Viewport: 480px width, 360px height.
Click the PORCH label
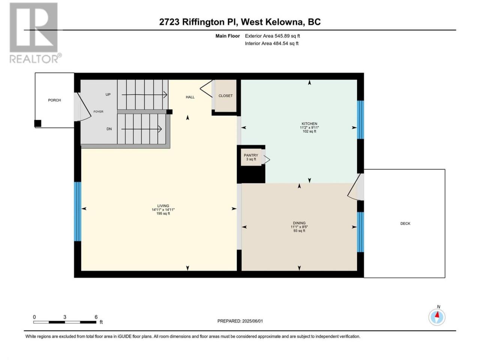[54, 100]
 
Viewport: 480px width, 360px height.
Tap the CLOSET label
[225, 96]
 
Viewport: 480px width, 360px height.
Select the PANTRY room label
[251, 155]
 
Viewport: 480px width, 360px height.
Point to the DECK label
[405, 223]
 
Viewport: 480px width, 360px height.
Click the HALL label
[190, 97]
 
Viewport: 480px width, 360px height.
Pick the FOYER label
[98, 111]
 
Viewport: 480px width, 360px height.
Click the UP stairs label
[108, 94]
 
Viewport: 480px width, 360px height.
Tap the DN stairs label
[109, 129]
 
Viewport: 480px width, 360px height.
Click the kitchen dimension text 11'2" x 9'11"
[309, 127]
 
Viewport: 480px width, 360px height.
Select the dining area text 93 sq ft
[299, 231]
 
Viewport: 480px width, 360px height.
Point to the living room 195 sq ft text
[163, 213]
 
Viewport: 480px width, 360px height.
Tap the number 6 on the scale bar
[96, 317]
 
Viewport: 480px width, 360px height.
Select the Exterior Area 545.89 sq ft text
[273, 36]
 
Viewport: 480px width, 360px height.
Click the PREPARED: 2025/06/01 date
[240, 321]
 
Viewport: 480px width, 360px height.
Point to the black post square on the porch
[37, 123]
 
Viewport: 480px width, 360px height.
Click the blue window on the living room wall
[77, 211]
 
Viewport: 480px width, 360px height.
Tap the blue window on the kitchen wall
[360, 120]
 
